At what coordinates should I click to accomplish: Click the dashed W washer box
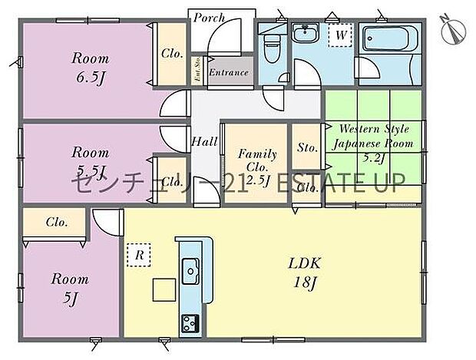click(x=339, y=35)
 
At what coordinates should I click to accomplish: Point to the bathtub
click(x=387, y=38)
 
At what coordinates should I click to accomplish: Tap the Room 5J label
click(x=70, y=288)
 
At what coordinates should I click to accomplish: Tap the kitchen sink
click(x=189, y=269)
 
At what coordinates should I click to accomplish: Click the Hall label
click(x=205, y=141)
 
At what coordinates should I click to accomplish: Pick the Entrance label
click(x=229, y=73)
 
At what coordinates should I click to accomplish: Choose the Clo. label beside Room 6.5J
click(x=170, y=54)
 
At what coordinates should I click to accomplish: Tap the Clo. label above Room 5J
click(x=55, y=223)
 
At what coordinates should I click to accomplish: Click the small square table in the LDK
click(x=164, y=290)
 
